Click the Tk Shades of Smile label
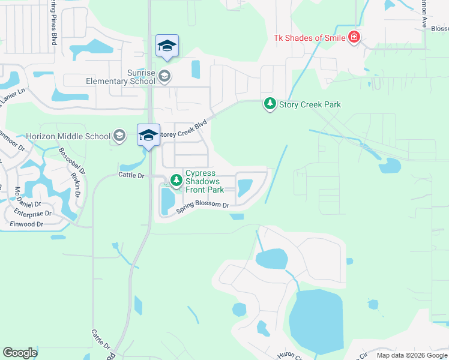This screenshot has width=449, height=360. click(310, 38)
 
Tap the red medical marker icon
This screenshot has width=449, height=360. click(354, 38)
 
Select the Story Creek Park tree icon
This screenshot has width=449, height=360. click(270, 104)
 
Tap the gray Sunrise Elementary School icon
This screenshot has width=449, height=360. click(165, 76)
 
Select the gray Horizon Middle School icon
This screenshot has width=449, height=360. click(119, 136)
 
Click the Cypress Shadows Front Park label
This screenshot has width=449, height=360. click(205, 182)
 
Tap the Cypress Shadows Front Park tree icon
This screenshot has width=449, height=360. click(176, 179)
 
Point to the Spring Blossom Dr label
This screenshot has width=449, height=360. click(203, 207)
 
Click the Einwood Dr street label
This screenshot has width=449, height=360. click(26, 224)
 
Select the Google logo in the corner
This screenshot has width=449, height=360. click(20, 353)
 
